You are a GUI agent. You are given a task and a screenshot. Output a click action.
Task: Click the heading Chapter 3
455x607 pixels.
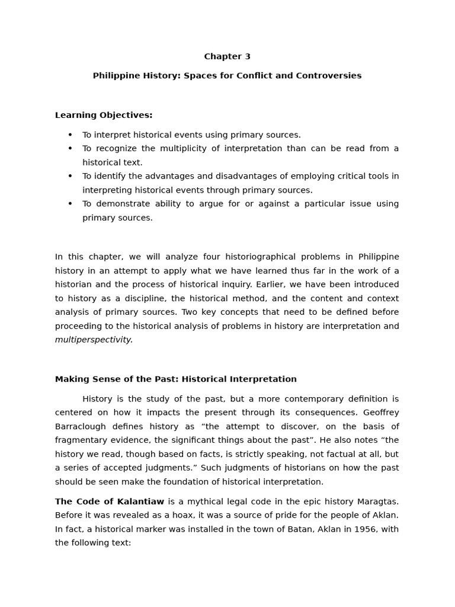[x=227, y=57]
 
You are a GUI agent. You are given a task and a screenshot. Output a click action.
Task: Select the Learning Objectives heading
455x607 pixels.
[x=104, y=115]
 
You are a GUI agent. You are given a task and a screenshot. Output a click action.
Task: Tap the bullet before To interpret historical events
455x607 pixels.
[x=70, y=135]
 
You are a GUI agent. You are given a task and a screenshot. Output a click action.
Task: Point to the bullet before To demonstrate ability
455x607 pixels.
[x=70, y=203]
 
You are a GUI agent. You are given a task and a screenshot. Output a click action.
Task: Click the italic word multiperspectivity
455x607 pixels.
[x=94, y=340]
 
